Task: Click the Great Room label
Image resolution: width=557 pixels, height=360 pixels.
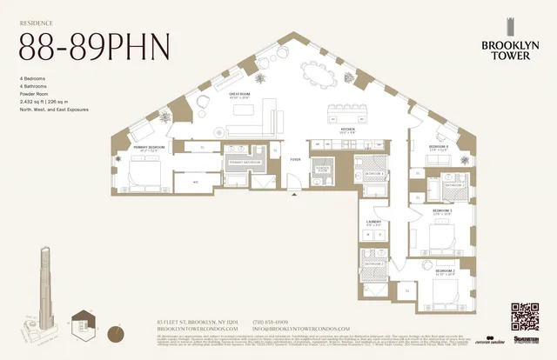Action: pyautogui.click(x=240, y=95)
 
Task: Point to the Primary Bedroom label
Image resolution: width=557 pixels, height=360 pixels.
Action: pyautogui.click(x=144, y=148)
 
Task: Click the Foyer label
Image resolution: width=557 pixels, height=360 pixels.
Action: pyautogui.click(x=295, y=160)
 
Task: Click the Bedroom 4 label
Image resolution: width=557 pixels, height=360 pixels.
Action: pyautogui.click(x=438, y=147)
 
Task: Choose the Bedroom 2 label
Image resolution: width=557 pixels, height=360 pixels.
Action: pyautogui.click(x=446, y=272)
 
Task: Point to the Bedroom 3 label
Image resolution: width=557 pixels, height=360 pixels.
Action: pyautogui.click(x=442, y=210)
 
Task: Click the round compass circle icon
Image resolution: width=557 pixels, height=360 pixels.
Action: pyautogui.click(x=116, y=332)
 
